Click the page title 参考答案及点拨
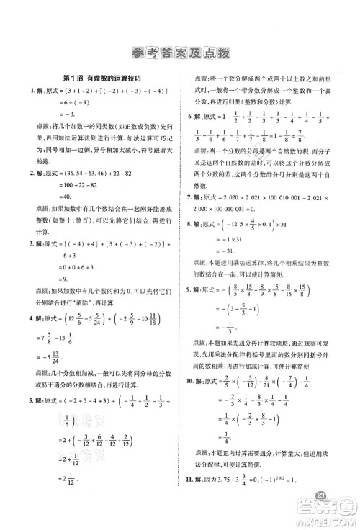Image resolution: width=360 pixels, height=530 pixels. click(179, 52)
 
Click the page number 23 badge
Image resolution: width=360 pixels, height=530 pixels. click(323, 498)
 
